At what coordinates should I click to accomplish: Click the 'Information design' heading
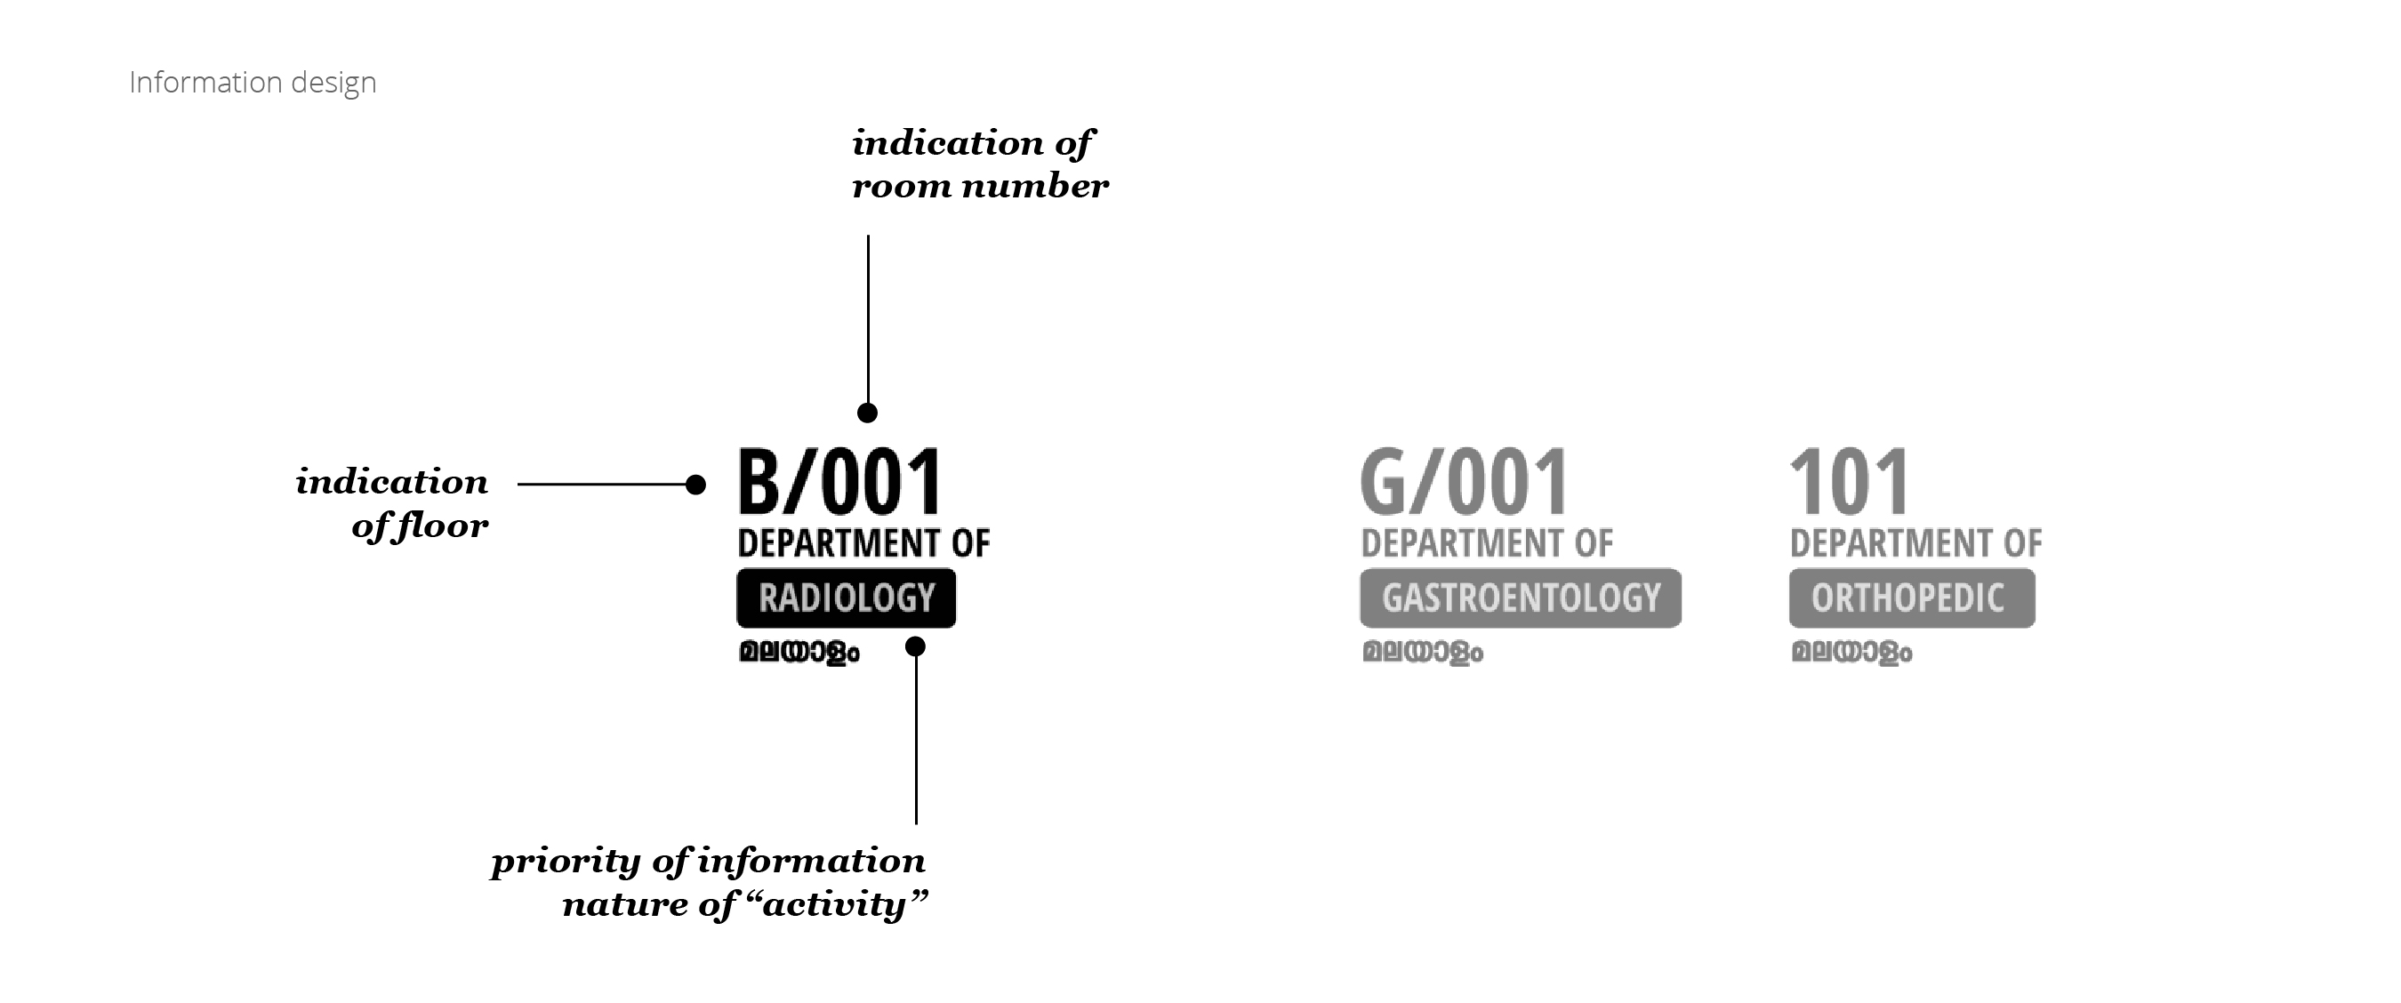point(253,83)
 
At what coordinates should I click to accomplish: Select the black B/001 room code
point(839,483)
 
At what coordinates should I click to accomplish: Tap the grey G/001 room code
point(1464,483)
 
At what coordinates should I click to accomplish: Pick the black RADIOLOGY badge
point(847,598)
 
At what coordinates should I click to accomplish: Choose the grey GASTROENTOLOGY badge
point(1521,598)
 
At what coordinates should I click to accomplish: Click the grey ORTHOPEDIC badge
point(1911,598)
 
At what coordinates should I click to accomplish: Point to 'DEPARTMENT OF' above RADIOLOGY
point(863,543)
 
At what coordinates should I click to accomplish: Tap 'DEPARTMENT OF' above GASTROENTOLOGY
point(1487,543)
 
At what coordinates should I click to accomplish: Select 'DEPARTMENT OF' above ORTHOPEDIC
point(1915,543)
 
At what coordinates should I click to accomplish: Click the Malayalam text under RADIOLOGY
point(799,652)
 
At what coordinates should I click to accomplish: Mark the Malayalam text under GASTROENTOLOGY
point(1422,652)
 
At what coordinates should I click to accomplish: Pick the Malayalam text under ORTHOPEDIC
point(1851,652)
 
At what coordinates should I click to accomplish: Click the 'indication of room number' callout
point(979,164)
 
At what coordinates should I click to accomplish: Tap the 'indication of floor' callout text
point(393,503)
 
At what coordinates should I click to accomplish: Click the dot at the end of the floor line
point(695,485)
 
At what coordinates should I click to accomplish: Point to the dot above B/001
point(868,413)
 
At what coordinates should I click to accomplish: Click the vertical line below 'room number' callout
point(868,317)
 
